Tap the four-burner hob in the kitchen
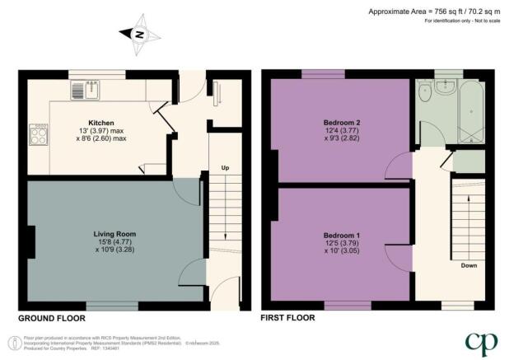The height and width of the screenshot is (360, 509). [x=39, y=133]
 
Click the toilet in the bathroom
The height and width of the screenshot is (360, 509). [x=427, y=91]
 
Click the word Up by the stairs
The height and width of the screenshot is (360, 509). [x=224, y=169]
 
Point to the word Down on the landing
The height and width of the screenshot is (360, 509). [x=469, y=266]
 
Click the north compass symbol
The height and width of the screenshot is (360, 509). [x=139, y=35]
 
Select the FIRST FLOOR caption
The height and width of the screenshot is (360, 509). [x=287, y=317]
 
